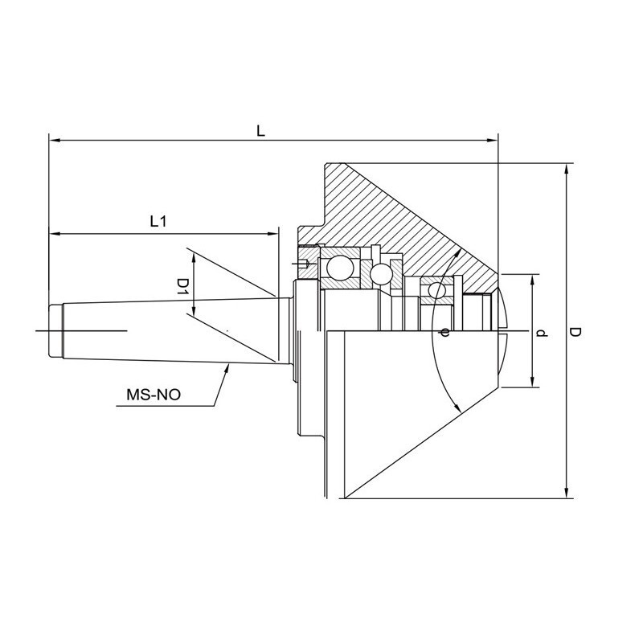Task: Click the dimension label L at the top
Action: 260,131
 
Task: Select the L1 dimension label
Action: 158,222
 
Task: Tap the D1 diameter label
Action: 182,286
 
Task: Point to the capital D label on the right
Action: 575,333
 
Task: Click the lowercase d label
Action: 542,334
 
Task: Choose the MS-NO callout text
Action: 154,395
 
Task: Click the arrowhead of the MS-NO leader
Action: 227,369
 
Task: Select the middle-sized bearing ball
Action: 380,273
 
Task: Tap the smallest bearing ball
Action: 436,290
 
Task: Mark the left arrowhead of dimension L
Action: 55,141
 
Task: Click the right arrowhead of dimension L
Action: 492,141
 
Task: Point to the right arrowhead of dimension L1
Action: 272,234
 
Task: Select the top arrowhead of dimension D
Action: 567,170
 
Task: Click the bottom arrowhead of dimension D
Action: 567,493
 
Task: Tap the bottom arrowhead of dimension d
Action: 532,381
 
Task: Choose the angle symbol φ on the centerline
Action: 445,332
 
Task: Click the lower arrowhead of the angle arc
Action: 457,408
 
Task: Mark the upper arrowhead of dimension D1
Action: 195,259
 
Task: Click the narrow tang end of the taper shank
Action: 55,330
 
